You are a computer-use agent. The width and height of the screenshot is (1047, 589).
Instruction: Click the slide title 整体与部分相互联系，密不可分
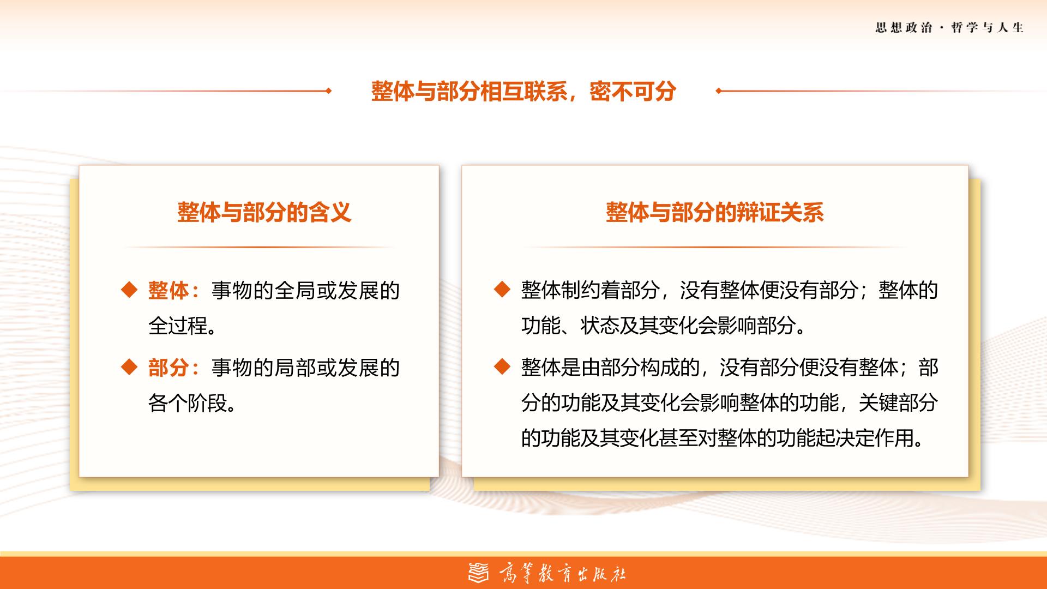(523, 91)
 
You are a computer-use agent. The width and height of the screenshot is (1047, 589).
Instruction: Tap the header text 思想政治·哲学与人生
(949, 28)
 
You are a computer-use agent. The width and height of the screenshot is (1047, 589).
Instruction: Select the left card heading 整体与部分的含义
(264, 212)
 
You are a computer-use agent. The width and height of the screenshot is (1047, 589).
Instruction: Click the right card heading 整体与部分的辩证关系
(714, 212)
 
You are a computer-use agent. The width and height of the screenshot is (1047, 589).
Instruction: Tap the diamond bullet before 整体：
(129, 290)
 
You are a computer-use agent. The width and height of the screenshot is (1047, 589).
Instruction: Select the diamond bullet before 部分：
(129, 367)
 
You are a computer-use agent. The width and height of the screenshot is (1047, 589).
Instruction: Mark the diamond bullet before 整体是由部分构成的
(502, 366)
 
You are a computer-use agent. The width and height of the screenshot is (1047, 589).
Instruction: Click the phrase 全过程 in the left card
(178, 326)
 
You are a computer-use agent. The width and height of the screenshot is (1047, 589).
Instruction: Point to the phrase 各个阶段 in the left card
(188, 404)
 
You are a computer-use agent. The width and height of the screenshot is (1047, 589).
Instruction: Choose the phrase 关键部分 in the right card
(898, 403)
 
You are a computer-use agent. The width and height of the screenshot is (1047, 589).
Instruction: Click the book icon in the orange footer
(479, 572)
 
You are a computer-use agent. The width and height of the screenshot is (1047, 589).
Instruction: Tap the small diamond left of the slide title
(328, 91)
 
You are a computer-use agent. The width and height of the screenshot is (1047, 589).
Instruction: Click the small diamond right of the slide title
(719, 91)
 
